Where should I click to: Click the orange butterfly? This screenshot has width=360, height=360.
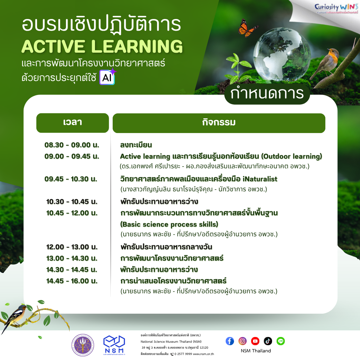click(x=248, y=27)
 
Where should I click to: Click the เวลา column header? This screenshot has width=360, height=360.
click(x=72, y=123)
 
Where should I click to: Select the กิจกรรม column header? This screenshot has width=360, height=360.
click(x=219, y=123)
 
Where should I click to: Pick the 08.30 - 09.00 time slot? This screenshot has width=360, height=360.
click(x=72, y=145)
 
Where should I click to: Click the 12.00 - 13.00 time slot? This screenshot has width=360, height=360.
click(x=72, y=247)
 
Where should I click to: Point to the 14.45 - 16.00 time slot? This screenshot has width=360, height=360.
click(x=72, y=281)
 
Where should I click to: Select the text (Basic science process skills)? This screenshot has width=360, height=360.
click(x=169, y=224)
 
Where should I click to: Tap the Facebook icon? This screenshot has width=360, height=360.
click(x=230, y=341)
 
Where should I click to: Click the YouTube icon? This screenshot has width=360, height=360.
click(x=255, y=341)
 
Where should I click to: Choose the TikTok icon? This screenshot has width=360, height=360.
click(x=268, y=341)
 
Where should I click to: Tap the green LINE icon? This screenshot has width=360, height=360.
click(x=281, y=341)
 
